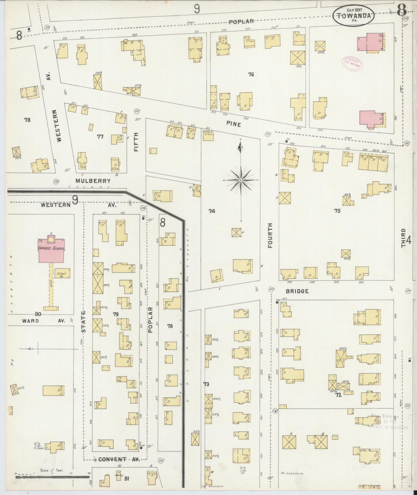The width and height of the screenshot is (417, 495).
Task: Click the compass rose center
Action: click(x=241, y=180)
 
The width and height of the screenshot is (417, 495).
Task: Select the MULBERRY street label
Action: click(x=93, y=181)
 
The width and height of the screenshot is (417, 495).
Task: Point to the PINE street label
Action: click(x=233, y=124)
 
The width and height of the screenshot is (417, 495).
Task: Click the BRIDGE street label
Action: click(x=297, y=291)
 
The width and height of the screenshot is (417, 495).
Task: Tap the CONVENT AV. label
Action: click(x=119, y=459)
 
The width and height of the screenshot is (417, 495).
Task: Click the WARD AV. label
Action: click(x=44, y=321)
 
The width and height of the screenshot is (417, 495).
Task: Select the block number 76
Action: click(x=251, y=75)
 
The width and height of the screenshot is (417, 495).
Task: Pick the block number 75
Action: click(x=337, y=211)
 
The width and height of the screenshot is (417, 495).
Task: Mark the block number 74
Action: click(x=212, y=211)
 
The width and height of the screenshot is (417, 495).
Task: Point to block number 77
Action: click(x=100, y=137)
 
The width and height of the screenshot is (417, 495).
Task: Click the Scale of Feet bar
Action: click(x=52, y=477)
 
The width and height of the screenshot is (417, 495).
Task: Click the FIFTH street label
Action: click(x=136, y=142)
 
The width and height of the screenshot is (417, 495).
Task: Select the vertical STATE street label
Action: click(x=83, y=321)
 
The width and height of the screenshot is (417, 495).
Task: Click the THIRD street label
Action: click(x=403, y=238)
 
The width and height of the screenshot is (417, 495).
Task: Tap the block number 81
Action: click(x=126, y=479)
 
